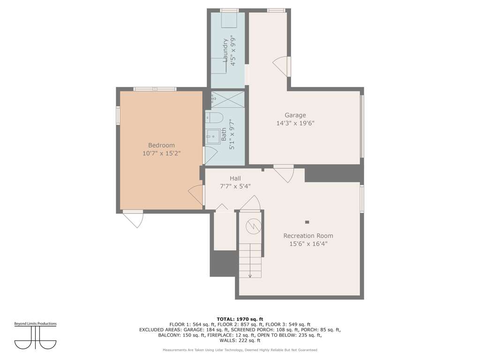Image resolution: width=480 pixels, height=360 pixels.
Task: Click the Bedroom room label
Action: (161, 145)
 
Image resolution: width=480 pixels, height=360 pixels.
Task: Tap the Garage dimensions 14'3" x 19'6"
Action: (295, 123)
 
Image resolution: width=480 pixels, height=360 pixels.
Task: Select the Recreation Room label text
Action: (308, 236)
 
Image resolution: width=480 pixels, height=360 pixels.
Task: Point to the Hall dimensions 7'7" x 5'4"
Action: (235, 186)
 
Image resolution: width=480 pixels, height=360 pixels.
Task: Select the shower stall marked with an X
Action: (228, 99)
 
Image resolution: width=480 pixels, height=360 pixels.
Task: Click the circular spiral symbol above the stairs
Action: (254, 226)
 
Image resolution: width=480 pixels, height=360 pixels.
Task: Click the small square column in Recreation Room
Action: (307, 222)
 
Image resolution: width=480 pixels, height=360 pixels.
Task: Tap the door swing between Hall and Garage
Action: (284, 173)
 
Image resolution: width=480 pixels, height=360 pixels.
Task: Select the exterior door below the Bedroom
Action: (134, 218)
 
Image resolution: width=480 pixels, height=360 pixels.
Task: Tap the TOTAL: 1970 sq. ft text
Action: (240, 319)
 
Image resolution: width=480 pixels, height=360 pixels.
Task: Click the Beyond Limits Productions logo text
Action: (36, 323)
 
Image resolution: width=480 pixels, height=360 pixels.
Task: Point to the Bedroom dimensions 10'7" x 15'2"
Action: (161, 153)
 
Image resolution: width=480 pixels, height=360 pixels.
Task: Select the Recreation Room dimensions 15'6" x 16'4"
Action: (308, 244)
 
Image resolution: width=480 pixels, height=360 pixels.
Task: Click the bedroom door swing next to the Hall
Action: (196, 195)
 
